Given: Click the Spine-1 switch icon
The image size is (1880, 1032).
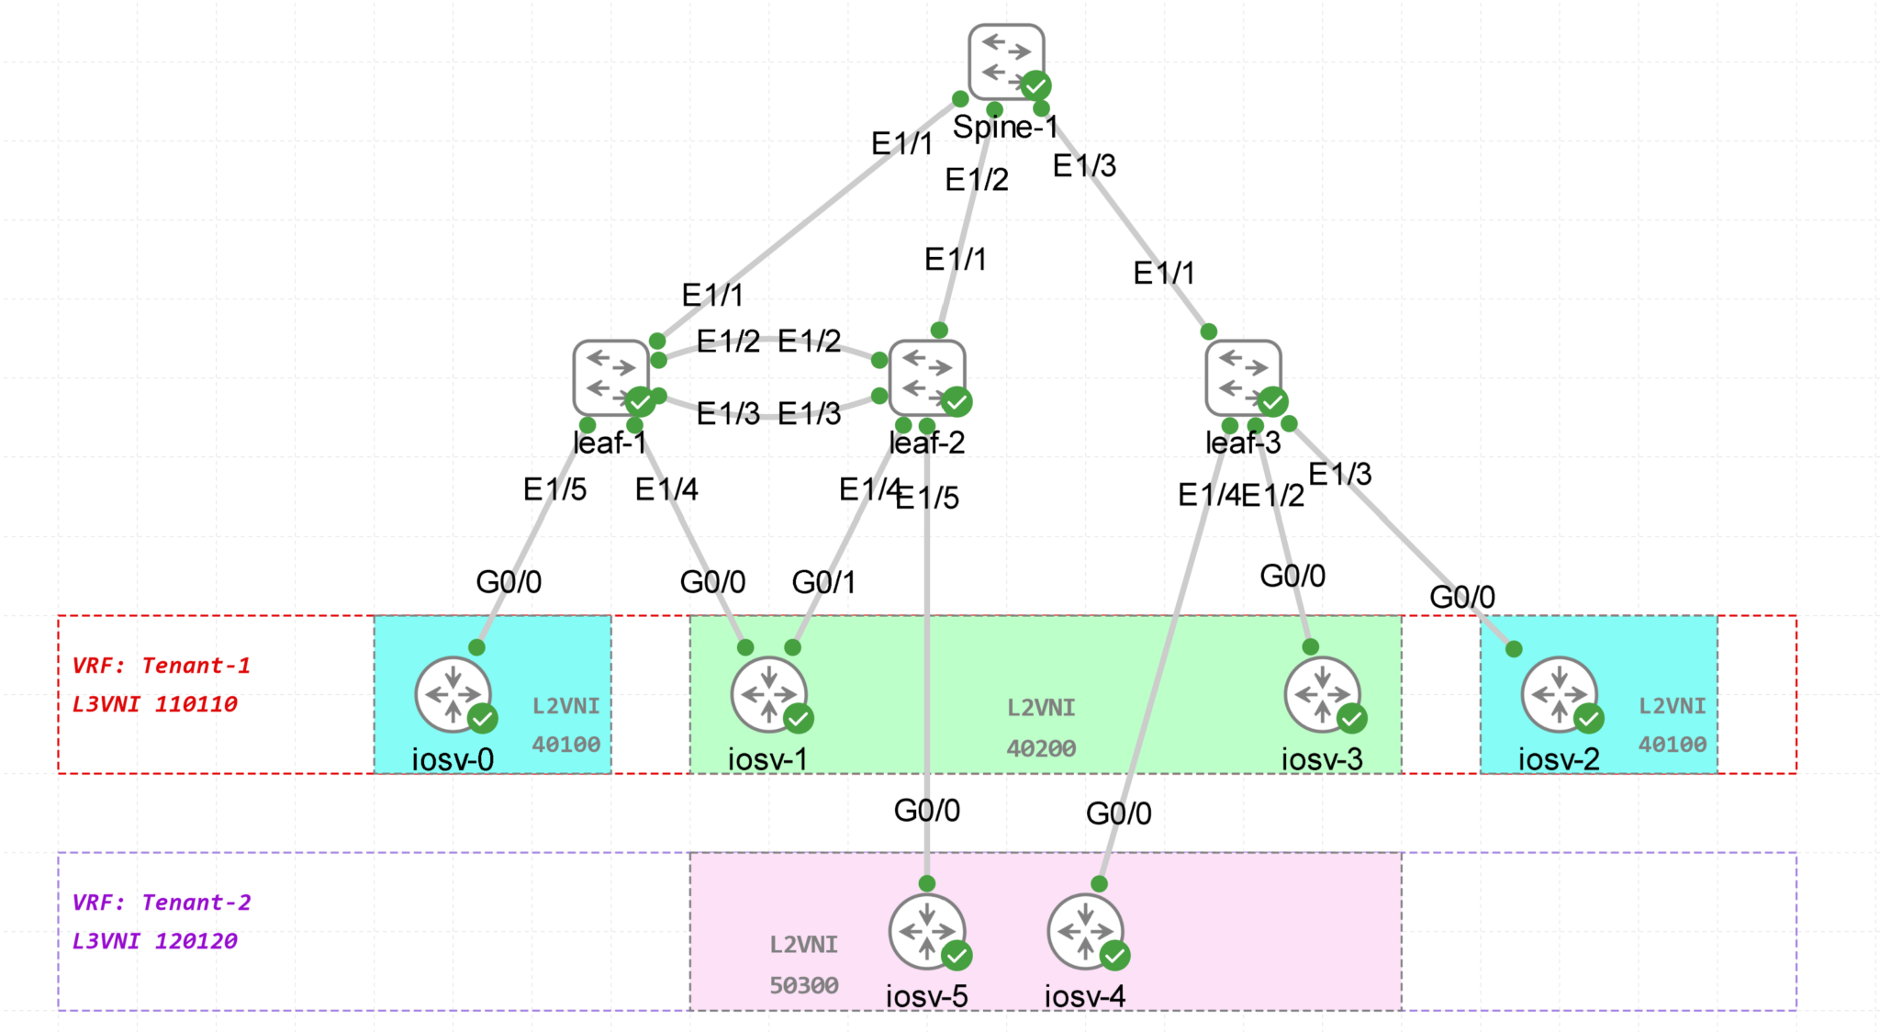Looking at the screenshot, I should (x=1006, y=62).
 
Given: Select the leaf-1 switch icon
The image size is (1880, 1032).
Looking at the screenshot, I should (x=610, y=377).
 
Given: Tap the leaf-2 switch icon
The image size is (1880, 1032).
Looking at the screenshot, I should (x=927, y=377).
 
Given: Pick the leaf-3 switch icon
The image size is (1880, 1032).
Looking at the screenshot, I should (x=1243, y=376).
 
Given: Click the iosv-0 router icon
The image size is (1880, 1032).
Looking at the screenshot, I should (x=453, y=694).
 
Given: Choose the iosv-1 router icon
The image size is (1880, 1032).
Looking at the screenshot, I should (x=769, y=694).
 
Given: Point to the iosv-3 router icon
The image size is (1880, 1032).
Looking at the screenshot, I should (x=1322, y=694).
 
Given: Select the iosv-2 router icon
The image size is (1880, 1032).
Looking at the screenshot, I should (x=1559, y=694).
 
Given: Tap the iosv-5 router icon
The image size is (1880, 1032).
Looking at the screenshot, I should (x=927, y=931).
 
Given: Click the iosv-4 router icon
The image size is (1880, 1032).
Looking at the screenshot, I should (x=1085, y=931).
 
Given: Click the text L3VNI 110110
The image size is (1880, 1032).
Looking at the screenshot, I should (x=154, y=704).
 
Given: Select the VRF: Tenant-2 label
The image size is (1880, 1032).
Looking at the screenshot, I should (x=162, y=903).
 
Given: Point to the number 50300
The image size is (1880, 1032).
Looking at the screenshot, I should (x=803, y=985).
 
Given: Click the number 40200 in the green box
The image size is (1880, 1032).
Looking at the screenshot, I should (x=1041, y=748).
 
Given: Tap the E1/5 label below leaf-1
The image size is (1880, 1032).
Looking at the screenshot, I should (x=554, y=489).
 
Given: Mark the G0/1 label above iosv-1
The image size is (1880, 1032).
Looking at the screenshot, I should (x=823, y=582).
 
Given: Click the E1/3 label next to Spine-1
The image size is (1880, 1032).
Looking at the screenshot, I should (x=1084, y=166).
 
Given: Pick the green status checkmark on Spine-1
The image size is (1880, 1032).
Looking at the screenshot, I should (x=1035, y=85).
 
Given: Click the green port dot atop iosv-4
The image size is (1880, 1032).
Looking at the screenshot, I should (x=1099, y=883).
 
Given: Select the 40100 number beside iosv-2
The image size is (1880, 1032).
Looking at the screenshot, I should (x=1673, y=745).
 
